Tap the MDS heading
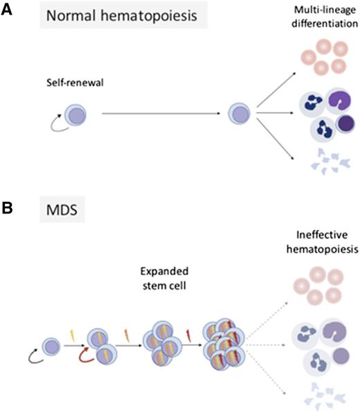pos(61,211)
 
